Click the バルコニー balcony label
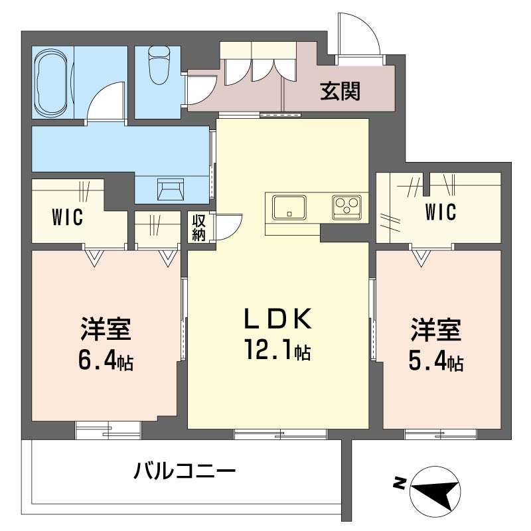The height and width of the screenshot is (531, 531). pyautogui.click(x=185, y=473)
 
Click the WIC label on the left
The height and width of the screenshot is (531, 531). pyautogui.click(x=68, y=218)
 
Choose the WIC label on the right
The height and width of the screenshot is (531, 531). pyautogui.click(x=441, y=212)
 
